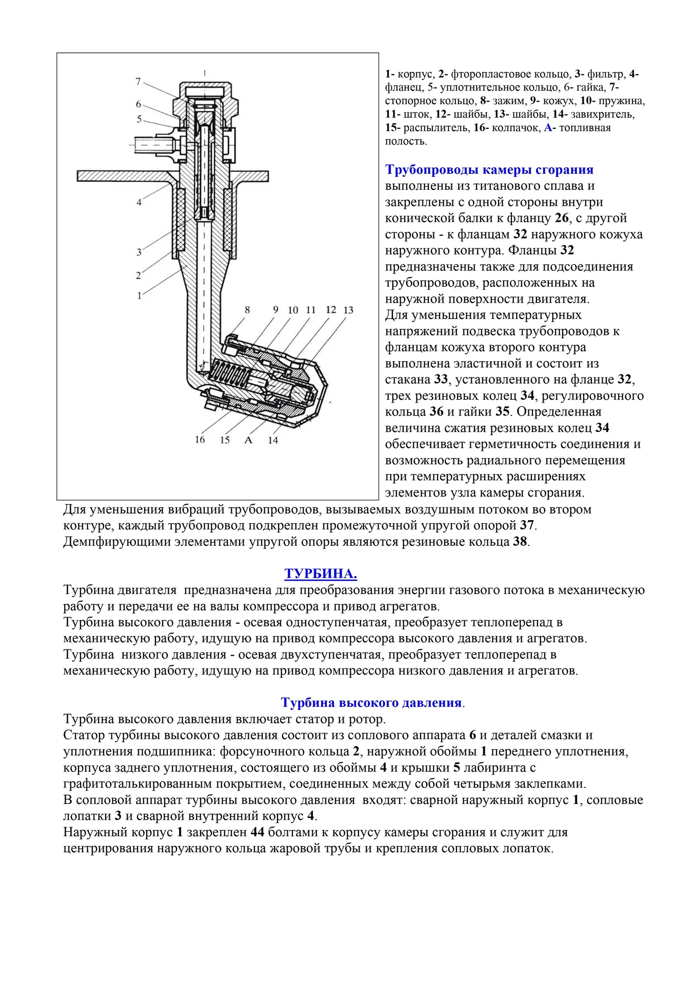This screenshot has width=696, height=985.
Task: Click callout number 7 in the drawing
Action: pos(138,82)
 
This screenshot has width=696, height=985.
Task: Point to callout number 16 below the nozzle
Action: pos(200,440)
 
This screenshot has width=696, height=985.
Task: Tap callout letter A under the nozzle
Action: pos(249,440)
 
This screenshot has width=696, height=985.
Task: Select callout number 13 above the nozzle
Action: pos(348,310)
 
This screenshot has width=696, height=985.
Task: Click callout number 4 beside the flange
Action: pos(139,202)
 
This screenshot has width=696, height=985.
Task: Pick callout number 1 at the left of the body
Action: pos(139,295)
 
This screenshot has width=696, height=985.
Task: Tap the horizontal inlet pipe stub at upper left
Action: pos(154,145)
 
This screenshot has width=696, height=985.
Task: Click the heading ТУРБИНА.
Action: pos(321,573)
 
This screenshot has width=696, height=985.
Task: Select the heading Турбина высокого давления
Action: pos(372,702)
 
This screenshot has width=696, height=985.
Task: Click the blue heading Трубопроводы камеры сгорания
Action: pos(489,170)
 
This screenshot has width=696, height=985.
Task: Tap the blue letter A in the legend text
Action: pos(548,128)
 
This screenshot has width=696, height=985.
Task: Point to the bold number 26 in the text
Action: pos(562,218)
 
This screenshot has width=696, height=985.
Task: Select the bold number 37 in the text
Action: pos(527,525)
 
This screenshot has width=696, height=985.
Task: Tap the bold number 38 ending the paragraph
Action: pos(520,542)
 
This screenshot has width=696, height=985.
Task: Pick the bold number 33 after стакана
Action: pos(441,380)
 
